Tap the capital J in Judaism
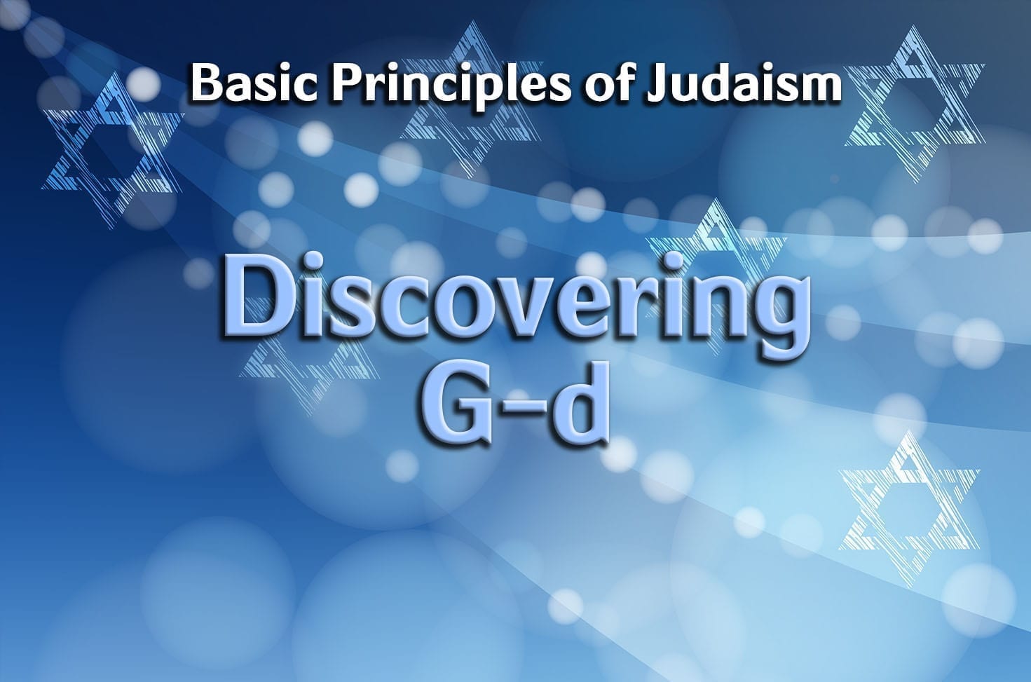[x=656, y=83]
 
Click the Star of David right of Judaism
[x=914, y=104]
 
